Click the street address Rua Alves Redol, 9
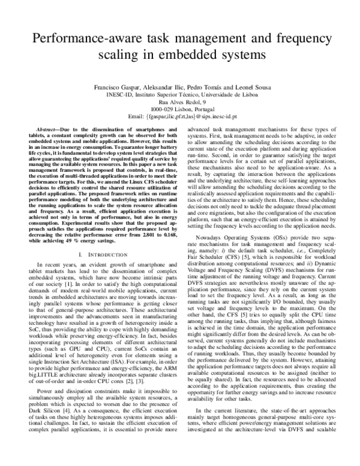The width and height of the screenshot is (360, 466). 179,103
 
